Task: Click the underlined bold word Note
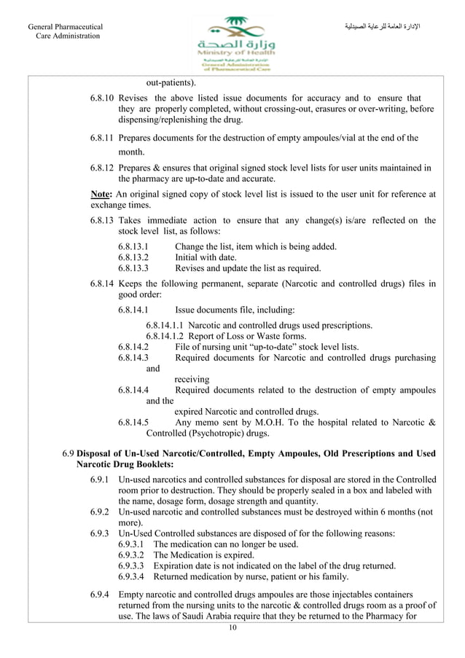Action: tap(101, 194)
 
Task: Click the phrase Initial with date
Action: tap(206, 257)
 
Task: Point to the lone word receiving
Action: tap(192, 379)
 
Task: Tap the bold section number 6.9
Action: tap(68, 454)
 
